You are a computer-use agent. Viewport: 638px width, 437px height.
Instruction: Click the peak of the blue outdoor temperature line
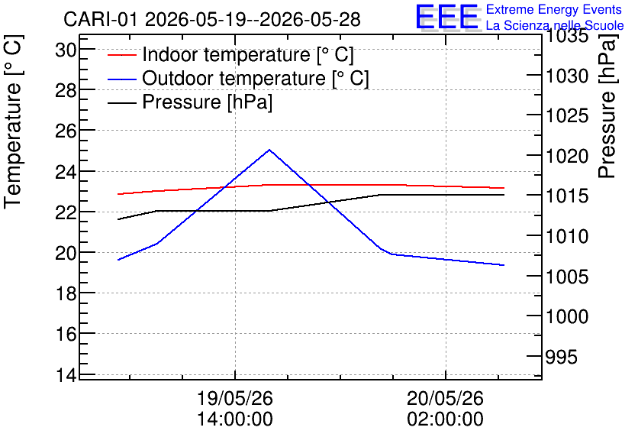[269, 150]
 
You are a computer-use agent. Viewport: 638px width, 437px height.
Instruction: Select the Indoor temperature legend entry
[230, 54]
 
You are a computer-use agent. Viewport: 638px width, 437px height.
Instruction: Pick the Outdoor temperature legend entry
[238, 78]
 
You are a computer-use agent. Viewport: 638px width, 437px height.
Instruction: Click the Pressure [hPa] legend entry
[190, 102]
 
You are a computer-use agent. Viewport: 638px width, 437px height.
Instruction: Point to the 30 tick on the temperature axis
[66, 50]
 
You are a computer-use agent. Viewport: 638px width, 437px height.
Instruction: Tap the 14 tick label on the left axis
[66, 375]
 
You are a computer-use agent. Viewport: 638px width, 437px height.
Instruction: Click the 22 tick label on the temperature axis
[66, 212]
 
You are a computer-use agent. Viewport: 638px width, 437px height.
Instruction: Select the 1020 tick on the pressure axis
[567, 157]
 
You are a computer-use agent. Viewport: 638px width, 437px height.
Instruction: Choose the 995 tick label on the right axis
[562, 358]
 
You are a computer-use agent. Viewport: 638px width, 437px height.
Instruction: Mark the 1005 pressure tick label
[567, 277]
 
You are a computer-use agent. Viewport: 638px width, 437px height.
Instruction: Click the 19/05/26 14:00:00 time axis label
[235, 409]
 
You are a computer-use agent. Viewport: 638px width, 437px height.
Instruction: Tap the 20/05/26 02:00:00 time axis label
[446, 409]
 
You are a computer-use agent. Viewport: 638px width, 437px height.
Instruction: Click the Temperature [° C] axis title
[14, 122]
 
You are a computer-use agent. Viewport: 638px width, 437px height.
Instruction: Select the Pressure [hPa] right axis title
[607, 106]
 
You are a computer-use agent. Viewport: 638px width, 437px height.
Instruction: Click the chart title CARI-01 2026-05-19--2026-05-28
[212, 19]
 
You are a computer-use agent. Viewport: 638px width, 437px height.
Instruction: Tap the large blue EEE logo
[446, 17]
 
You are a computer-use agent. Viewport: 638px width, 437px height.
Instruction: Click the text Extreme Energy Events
[554, 9]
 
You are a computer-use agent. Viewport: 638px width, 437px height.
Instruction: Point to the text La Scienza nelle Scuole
[555, 25]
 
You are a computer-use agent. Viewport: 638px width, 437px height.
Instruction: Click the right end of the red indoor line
[504, 188]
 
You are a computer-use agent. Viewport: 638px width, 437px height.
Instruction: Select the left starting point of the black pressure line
[118, 219]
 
